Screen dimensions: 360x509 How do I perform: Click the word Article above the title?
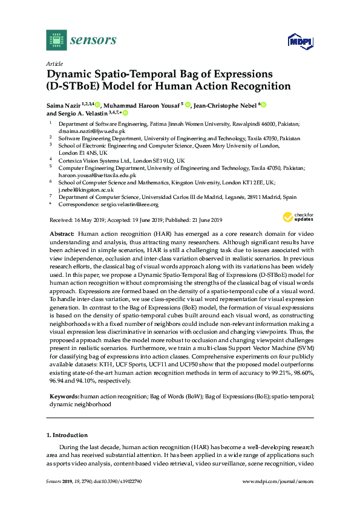click(54, 63)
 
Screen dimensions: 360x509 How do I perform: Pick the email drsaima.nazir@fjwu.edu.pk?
click(91, 131)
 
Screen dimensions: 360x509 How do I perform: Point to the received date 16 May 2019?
click(87, 219)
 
